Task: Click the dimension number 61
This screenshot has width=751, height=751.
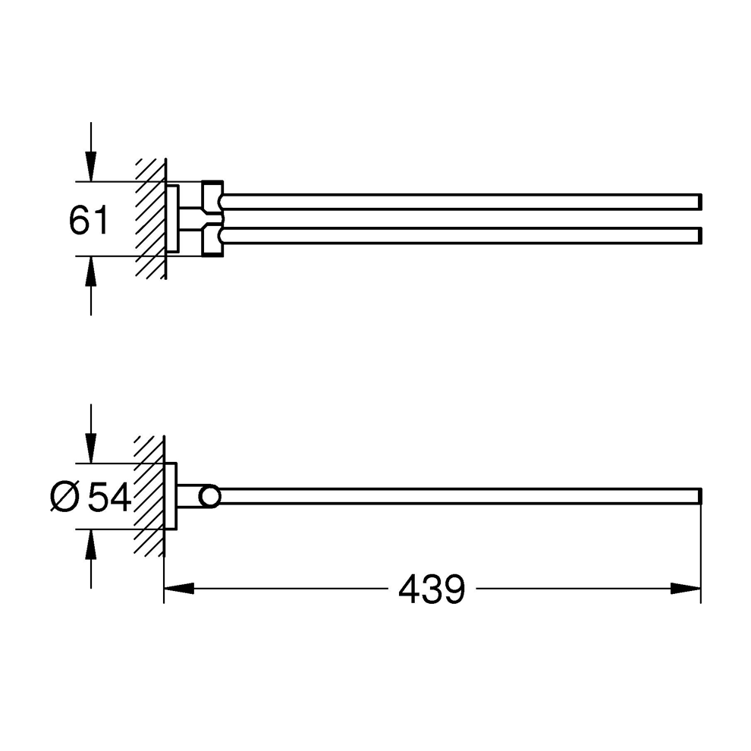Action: click(89, 220)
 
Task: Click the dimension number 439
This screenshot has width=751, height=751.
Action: click(432, 589)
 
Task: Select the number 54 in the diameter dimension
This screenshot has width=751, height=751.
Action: click(110, 497)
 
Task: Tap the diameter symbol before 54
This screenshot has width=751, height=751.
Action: click(64, 497)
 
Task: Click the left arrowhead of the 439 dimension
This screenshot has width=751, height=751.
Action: click(179, 588)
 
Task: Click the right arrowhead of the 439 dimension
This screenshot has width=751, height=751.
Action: click(686, 588)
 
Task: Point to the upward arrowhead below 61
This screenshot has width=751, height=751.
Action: click(91, 271)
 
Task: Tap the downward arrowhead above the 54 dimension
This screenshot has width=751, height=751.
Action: click(91, 448)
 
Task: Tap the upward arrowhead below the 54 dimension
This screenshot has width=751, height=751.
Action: click(91, 545)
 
